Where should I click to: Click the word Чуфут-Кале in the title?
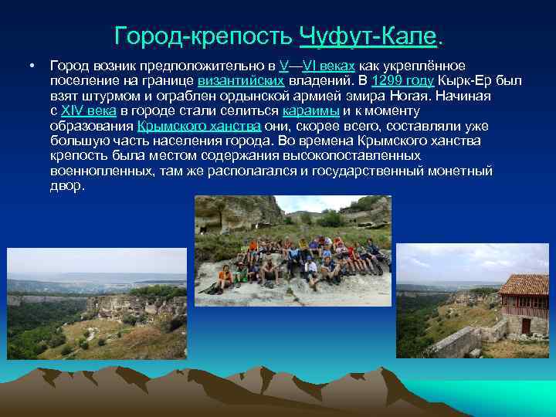(368, 36)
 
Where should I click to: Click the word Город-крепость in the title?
(203, 36)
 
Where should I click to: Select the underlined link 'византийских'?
(241, 81)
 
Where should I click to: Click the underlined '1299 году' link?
(402, 81)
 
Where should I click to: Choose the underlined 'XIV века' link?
(88, 111)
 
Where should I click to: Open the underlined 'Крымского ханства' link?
(199, 126)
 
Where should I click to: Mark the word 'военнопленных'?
(101, 171)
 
